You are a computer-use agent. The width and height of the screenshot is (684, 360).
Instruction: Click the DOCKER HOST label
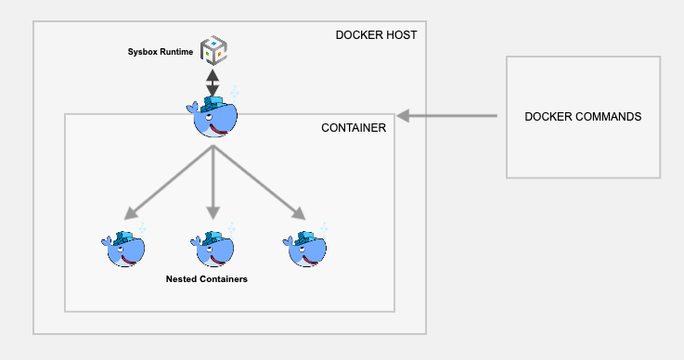click(376, 35)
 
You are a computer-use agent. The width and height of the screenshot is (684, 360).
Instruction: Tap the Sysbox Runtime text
click(161, 52)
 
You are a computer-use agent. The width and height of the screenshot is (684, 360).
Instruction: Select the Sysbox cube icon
click(213, 51)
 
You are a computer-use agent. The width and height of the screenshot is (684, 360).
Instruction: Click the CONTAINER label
click(353, 127)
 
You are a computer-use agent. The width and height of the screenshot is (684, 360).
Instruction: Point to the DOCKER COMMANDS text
click(583, 117)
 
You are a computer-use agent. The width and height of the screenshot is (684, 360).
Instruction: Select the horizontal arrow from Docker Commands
click(450, 117)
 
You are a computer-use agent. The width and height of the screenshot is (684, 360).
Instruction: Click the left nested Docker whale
click(123, 247)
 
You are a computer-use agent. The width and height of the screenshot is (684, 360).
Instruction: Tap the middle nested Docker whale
click(214, 247)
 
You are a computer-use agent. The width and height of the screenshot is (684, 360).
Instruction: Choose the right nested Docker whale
click(306, 247)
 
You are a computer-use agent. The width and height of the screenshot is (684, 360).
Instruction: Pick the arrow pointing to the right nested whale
click(261, 182)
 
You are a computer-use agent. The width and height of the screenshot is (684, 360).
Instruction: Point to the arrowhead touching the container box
click(404, 117)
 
